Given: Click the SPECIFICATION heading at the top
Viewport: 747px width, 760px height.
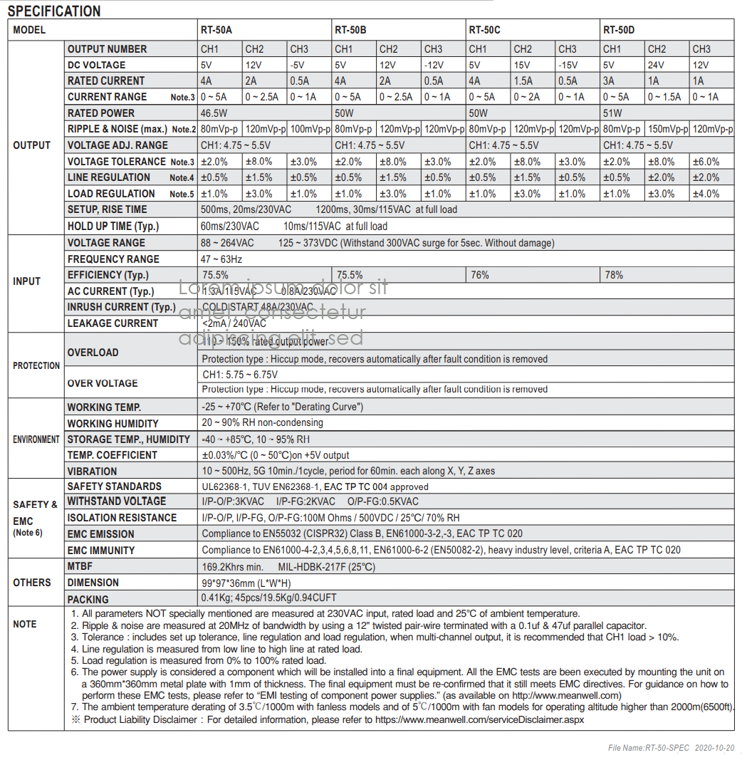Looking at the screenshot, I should pos(54,11).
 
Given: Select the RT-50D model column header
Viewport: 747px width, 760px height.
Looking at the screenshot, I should pos(619,30).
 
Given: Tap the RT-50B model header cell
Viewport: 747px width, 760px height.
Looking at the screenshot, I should pos(350,30).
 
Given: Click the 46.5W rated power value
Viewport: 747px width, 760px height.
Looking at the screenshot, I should pos(214,113).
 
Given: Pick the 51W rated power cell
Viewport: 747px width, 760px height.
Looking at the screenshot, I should pos(612,113).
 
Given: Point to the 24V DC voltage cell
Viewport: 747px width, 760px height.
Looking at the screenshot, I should pos(657,65).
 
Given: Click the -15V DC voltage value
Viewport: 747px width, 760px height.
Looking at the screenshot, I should pos(568,65).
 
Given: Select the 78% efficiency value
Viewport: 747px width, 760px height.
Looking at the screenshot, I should pos(614,275).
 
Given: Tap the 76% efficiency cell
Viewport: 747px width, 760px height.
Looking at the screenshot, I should pos(479,275).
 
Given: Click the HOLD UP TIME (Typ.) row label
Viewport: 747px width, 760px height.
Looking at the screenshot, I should pos(113,227).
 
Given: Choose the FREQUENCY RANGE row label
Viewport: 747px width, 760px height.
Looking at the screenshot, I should pos(113,259).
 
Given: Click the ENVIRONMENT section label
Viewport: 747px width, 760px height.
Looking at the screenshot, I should pos(36,439).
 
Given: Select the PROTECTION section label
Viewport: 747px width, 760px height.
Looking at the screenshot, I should pos(36,365).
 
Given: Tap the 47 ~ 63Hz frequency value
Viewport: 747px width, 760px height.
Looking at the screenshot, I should pos(221,259).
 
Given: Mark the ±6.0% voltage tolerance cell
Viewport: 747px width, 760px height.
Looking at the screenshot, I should pos(706,162).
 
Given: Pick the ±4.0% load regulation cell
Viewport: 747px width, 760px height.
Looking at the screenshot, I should pos(706,194).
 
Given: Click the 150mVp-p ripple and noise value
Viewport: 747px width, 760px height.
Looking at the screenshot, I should pos(667,130).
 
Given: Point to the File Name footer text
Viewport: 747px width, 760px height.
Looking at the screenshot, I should pos(669,748).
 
